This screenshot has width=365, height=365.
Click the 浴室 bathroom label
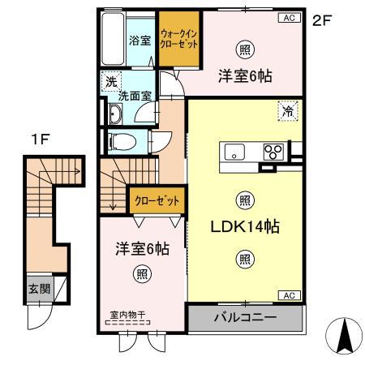pyautogui.click(x=139, y=38)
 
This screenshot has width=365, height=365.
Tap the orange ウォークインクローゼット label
pyautogui.click(x=180, y=40)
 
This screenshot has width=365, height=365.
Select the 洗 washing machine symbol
pyautogui.click(x=109, y=82)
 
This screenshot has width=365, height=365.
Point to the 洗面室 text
pyautogui.click(x=135, y=96)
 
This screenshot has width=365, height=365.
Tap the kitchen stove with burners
pyautogui.click(x=273, y=151)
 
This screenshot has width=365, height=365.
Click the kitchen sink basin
pyautogui.click(x=234, y=152)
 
